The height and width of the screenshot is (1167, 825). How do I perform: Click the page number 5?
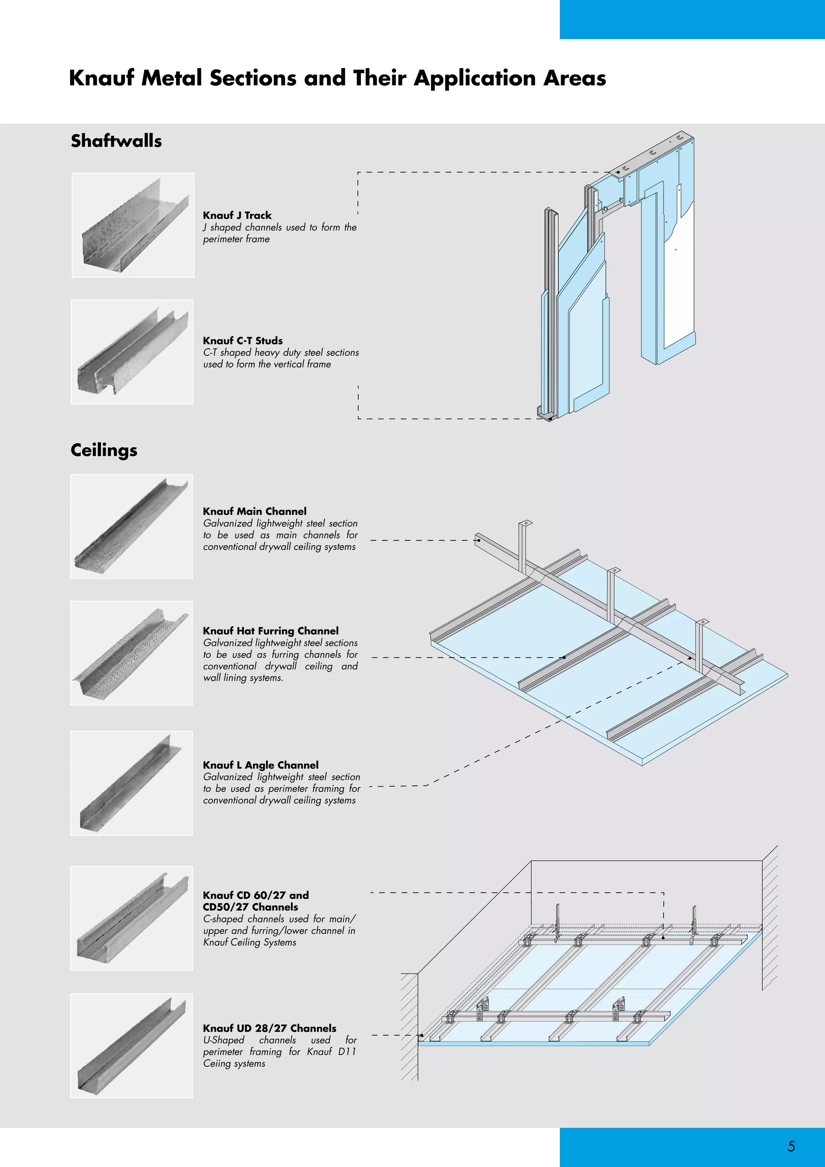click(x=791, y=1146)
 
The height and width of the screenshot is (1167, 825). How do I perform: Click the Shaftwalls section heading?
click(x=116, y=141)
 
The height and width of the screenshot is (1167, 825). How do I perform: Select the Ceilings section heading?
click(x=104, y=450)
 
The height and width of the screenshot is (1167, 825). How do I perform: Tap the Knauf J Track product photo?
click(x=133, y=225)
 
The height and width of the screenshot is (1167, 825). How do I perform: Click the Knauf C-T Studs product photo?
click(x=132, y=352)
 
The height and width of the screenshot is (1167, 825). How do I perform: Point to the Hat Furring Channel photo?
click(x=132, y=653)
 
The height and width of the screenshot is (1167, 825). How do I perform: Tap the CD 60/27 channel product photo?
click(x=132, y=918)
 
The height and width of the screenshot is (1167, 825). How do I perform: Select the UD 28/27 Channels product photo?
click(x=132, y=1046)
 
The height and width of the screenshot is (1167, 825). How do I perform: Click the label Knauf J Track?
click(x=237, y=215)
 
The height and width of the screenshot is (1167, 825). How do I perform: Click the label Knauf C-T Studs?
click(x=243, y=341)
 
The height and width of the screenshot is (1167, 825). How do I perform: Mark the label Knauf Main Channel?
click(x=255, y=511)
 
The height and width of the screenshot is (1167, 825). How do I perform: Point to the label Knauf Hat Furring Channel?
click(x=271, y=631)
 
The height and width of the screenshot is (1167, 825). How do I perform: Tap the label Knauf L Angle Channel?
click(x=261, y=765)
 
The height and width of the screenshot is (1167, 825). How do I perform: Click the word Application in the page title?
click(x=475, y=78)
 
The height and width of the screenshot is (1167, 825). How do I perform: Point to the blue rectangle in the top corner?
click(x=692, y=19)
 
